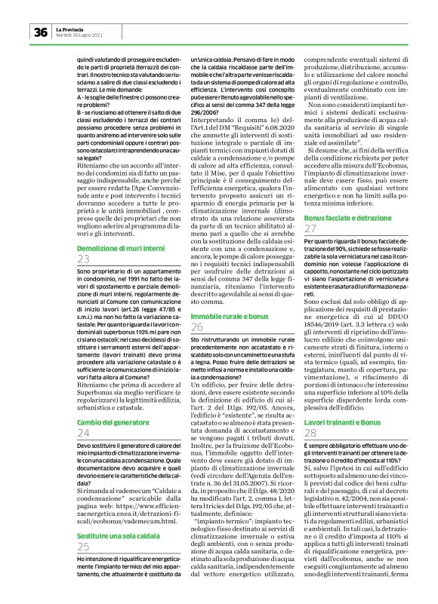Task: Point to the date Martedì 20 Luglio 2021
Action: pos(81,35)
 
